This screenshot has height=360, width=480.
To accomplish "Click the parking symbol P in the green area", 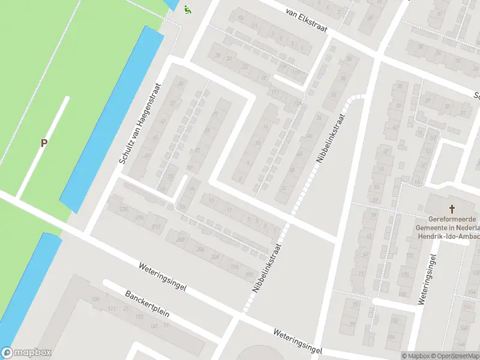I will coord(43,143).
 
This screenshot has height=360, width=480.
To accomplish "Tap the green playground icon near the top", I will coord(188,10).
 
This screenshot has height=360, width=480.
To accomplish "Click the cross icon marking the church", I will coord(452,209).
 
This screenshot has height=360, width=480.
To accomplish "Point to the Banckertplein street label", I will coord(148,305).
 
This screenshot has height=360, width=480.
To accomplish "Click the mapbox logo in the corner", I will coord(26,353).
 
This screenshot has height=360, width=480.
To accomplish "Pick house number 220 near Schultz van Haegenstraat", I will coord(124,209).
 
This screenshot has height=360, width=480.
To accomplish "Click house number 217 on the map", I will coord(156,226).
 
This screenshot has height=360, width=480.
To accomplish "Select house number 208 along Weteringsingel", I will coord(180,240).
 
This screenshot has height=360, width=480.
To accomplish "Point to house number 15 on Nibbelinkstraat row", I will coord(211,201).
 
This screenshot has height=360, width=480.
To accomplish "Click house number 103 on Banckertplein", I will coord(139,316).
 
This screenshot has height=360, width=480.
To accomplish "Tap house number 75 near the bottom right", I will coord(355,305).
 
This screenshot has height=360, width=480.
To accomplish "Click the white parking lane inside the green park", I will coord(42,147).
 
